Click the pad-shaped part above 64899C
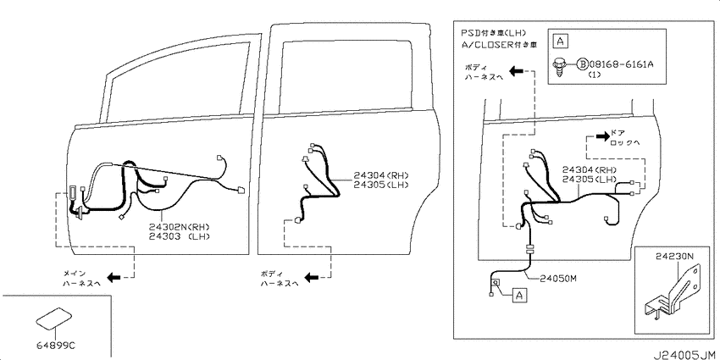coord(53,318)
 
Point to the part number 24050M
coord(558,278)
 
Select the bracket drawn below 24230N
coord(672,291)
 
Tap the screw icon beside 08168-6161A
coord(560,68)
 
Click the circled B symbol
coord(582,64)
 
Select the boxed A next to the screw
coord(560,41)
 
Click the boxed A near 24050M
coord(519,296)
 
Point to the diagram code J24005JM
coord(684,355)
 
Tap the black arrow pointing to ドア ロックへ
coord(602,136)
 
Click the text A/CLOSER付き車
coord(499,45)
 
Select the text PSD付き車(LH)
coord(494,33)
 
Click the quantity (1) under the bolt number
coord(594,75)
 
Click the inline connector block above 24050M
coord(530,250)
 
